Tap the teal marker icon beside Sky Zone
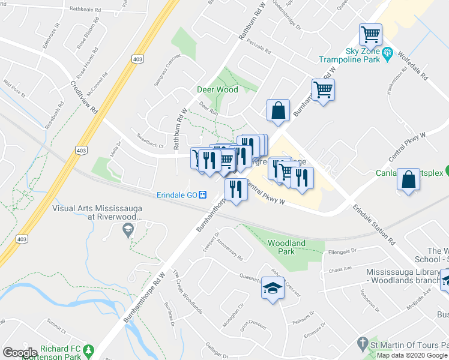[x=388, y=53]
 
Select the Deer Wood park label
[x=217, y=89]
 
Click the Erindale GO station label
[x=176, y=195]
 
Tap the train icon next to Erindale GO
[x=203, y=195]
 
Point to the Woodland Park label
[x=286, y=247]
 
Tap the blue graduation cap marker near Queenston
[x=273, y=289]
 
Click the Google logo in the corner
[x=20, y=353]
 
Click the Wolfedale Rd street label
[x=414, y=67]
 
